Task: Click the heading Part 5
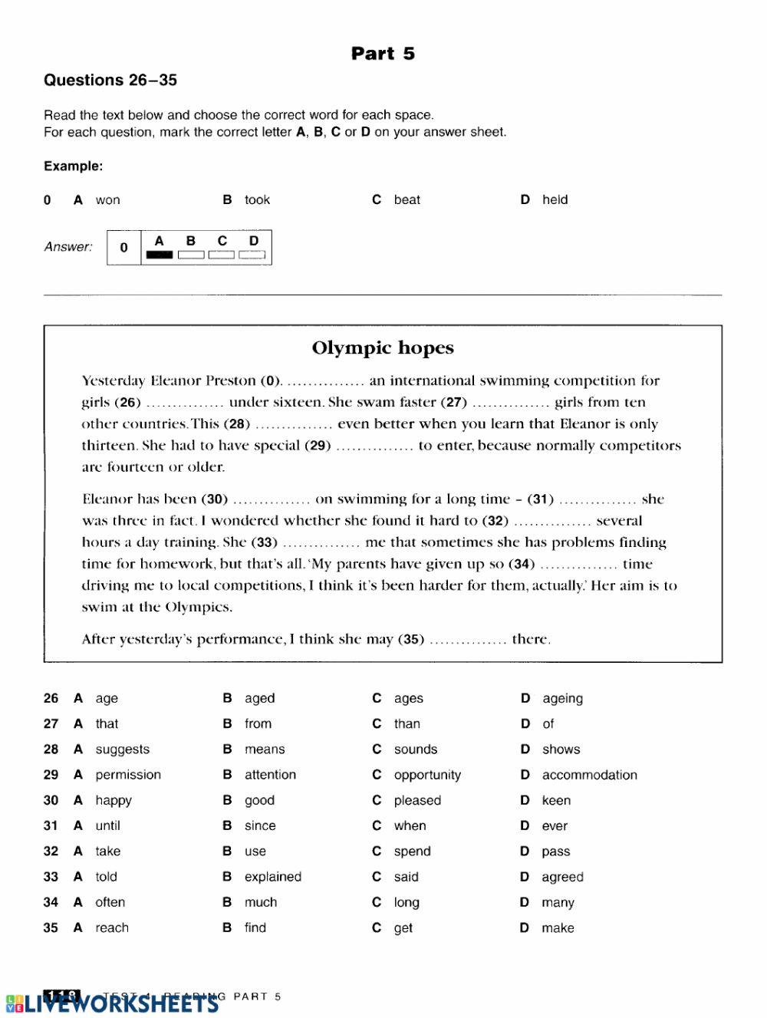[383, 53]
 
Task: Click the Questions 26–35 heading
[110, 80]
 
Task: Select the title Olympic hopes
[383, 348]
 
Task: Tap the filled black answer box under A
[160, 255]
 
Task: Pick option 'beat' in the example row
[407, 199]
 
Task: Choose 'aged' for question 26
[259, 698]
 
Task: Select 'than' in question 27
[407, 723]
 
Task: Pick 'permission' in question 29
[128, 775]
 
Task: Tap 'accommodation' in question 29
[589, 775]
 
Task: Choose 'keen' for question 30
[555, 800]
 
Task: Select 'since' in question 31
[260, 825]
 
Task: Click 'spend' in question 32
[412, 851]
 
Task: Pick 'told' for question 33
[106, 876]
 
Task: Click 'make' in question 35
[557, 927]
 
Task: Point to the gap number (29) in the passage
[318, 445]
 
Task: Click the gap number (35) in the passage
[411, 639]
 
